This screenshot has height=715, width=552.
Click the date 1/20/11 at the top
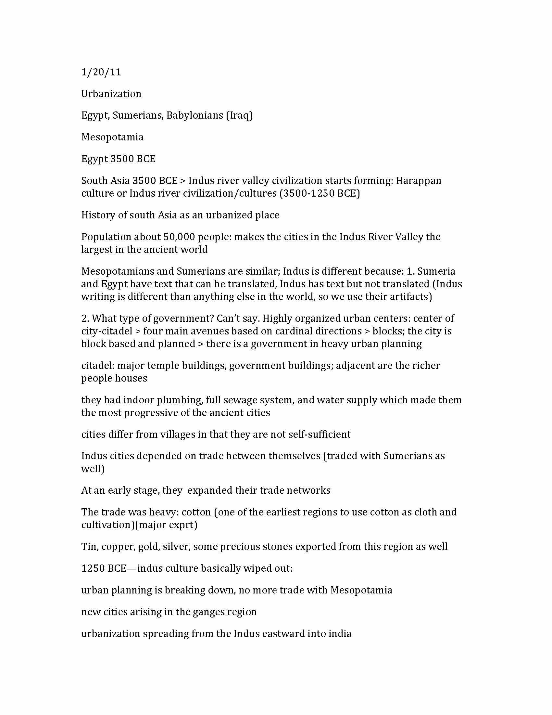pos(101,72)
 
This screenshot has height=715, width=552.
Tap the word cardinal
pos(294,331)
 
